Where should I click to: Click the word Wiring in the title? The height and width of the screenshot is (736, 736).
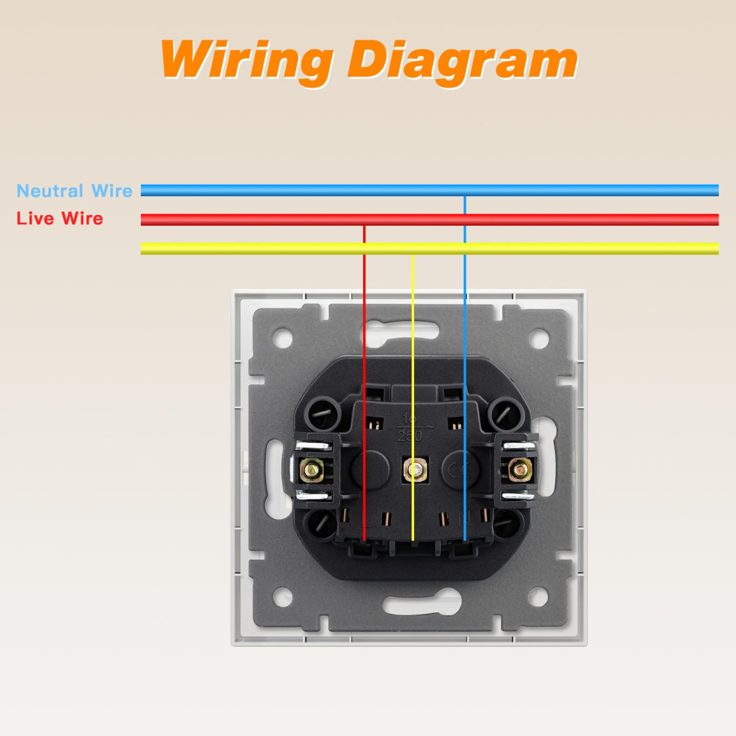[245, 60]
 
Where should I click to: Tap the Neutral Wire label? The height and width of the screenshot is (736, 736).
[75, 191]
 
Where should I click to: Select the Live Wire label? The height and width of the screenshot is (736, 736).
[60, 218]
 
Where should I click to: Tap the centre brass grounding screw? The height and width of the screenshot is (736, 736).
[413, 470]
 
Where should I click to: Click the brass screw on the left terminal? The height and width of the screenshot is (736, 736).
[313, 470]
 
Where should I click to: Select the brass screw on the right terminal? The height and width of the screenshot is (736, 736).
[517, 470]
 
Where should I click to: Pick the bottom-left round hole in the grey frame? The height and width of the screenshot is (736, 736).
[282, 596]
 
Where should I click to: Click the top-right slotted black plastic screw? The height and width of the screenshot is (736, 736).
[505, 414]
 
